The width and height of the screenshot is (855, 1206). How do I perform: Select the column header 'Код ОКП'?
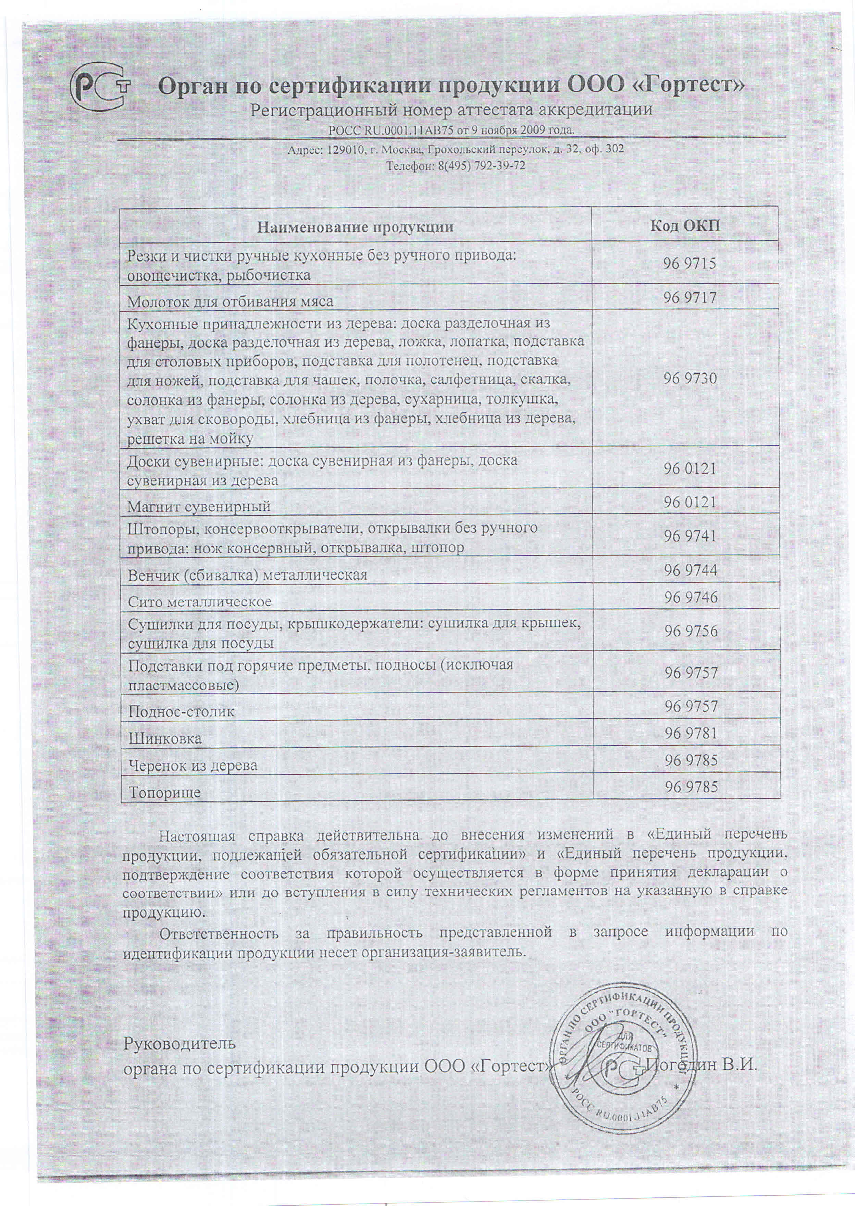[x=685, y=226]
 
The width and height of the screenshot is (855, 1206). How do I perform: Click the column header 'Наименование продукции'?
[x=356, y=227]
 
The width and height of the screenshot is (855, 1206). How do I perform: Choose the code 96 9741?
[x=690, y=536]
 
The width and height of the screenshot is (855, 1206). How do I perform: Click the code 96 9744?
[x=690, y=570]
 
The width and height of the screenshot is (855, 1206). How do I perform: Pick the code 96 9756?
[x=690, y=631]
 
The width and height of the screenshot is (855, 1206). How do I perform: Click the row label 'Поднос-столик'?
[x=182, y=712]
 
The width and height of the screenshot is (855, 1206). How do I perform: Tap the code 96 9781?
[x=690, y=733]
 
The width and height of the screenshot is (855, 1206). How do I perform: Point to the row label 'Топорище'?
[x=165, y=793]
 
